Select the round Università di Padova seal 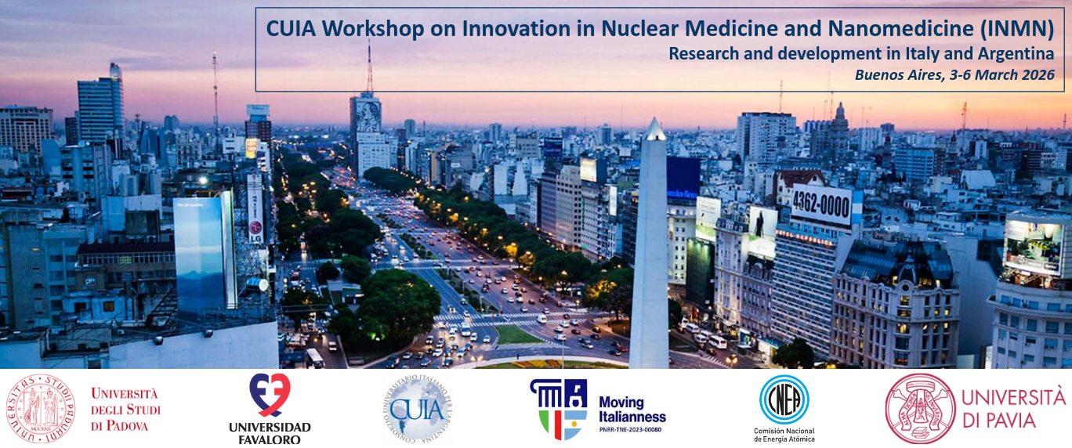point(42,408)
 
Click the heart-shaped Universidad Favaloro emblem point(269,394)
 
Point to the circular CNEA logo point(784,399)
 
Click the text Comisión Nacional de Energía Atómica point(784,435)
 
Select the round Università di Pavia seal point(920,408)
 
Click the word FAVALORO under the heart point(269,439)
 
